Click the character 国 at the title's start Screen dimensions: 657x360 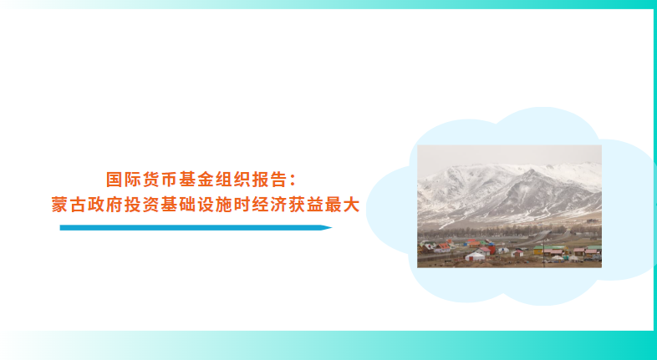[114, 180]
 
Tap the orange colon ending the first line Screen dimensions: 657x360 [293, 180]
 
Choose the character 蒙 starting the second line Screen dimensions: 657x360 [59, 205]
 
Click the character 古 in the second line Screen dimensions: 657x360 [78, 205]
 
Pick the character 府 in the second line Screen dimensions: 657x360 [114, 205]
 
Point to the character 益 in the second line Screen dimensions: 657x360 [315, 205]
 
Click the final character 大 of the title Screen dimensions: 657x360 [352, 205]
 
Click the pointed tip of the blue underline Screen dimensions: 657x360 [332, 228]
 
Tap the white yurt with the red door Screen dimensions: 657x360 [475, 256]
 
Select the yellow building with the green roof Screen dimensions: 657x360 [538, 251]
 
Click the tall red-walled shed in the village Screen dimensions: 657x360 [491, 250]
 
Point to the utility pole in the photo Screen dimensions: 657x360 [544, 252]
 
